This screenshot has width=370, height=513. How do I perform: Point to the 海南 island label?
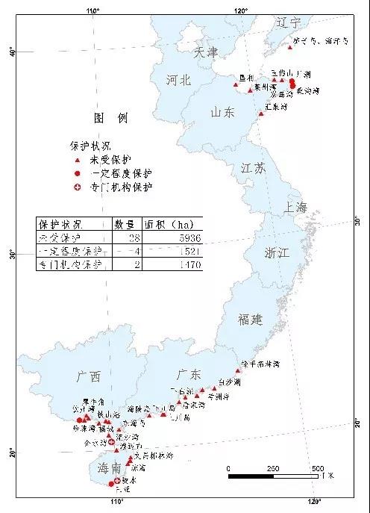click(109, 467)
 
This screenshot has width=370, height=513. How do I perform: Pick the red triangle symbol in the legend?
click(77, 159)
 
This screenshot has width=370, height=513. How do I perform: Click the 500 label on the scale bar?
click(318, 468)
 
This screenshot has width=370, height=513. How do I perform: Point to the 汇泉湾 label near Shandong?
click(277, 106)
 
